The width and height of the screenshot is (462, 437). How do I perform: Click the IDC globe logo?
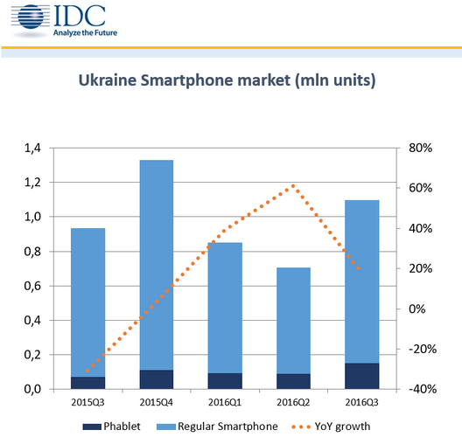click(x=31, y=17)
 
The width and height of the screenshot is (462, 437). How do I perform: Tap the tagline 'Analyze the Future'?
click(x=85, y=32)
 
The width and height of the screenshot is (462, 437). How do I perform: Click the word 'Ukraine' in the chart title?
click(x=108, y=80)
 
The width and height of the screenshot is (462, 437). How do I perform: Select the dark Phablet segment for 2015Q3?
click(x=87, y=383)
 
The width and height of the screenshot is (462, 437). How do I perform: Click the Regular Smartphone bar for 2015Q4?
click(x=157, y=265)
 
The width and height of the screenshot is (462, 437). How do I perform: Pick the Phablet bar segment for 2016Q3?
click(x=362, y=376)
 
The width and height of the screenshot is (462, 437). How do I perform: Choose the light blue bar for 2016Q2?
click(x=293, y=321)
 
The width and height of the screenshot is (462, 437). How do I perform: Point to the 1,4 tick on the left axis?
click(x=32, y=148)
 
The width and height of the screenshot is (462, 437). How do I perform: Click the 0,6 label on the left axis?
click(x=32, y=286)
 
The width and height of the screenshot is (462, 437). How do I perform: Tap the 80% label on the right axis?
click(x=421, y=148)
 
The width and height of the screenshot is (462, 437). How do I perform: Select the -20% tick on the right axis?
click(x=423, y=349)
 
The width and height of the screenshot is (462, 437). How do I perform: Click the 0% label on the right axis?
click(x=416, y=309)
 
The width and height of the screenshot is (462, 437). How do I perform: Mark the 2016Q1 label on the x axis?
click(x=225, y=402)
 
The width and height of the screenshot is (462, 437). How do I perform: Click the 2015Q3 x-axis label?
click(x=87, y=402)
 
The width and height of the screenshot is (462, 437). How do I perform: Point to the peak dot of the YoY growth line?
click(x=293, y=186)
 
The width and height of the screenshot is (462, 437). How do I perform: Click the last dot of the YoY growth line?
click(x=358, y=268)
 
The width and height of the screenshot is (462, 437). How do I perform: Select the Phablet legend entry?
click(x=112, y=427)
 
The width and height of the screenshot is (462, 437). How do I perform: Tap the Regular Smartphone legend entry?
click(x=217, y=427)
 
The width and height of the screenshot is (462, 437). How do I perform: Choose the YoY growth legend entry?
click(x=331, y=427)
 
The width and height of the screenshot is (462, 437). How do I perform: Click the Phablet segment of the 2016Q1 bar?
click(x=225, y=381)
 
